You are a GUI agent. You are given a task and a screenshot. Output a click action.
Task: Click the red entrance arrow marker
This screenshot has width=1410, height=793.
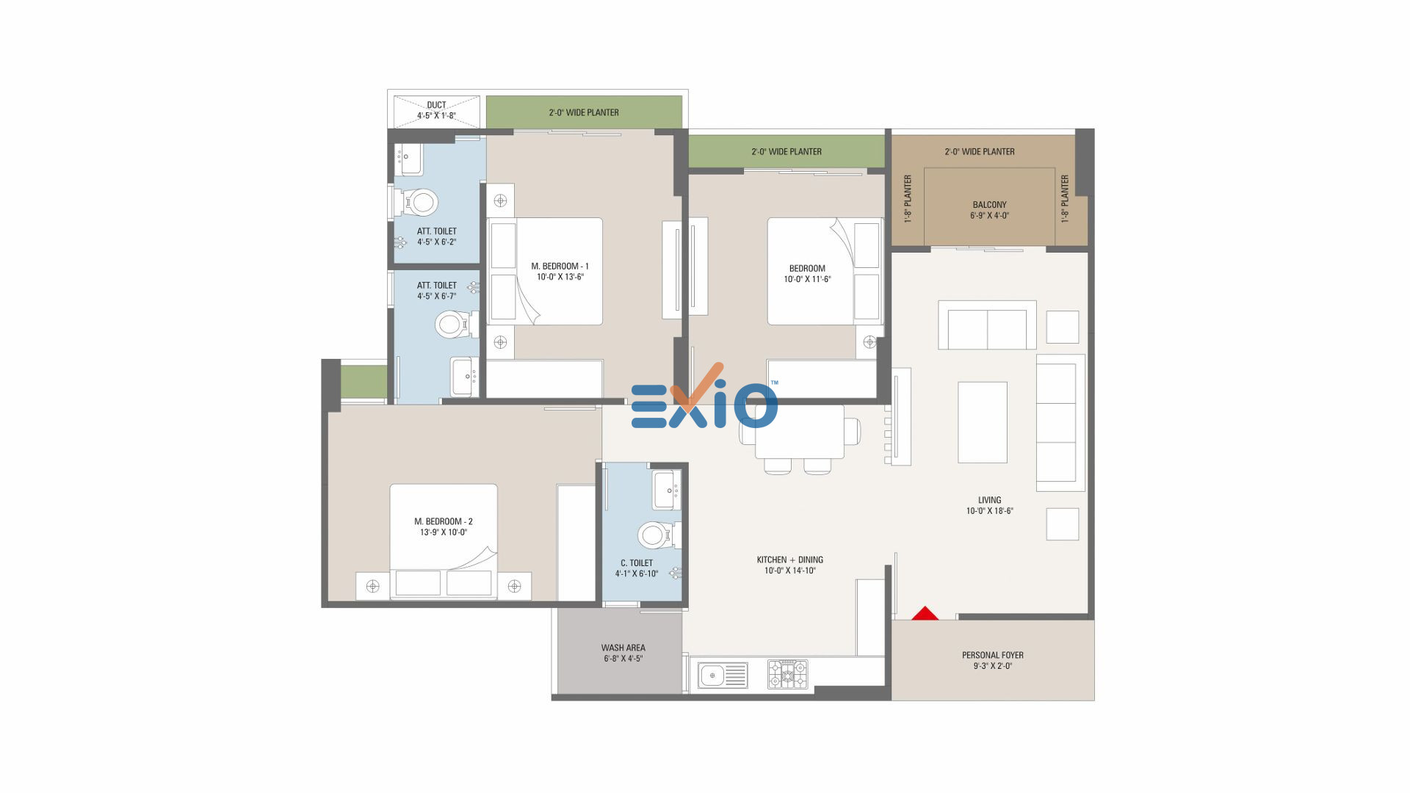(925, 614)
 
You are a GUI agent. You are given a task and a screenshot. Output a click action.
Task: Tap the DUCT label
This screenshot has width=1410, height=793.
(436, 105)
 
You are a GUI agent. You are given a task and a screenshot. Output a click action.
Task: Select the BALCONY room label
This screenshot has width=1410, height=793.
(989, 205)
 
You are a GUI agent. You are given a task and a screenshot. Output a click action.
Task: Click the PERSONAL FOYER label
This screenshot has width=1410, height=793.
(992, 655)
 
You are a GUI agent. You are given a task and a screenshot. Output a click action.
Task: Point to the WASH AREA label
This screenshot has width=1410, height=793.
(623, 648)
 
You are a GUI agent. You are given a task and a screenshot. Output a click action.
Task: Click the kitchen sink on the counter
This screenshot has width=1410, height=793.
(723, 675)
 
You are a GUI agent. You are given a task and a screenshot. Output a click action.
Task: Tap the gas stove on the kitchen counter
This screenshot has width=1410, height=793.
(787, 674)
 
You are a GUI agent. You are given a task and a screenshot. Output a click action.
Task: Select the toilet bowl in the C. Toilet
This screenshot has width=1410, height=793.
(656, 535)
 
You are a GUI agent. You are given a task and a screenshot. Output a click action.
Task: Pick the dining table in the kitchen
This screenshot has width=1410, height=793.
(800, 432)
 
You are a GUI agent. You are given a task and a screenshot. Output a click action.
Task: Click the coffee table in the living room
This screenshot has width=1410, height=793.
(983, 422)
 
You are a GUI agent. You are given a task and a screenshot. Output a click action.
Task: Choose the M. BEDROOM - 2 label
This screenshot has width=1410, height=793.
(443, 521)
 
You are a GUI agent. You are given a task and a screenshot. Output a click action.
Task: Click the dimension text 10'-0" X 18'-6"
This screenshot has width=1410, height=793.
(989, 511)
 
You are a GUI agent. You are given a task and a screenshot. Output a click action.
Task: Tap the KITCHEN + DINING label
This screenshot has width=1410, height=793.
(789, 560)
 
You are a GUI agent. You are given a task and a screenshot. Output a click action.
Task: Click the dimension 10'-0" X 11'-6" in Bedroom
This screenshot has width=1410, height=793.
(807, 279)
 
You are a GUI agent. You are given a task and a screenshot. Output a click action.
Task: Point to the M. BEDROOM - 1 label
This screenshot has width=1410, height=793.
(560, 266)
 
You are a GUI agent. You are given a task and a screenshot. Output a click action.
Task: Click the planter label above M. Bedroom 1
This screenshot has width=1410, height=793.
(584, 112)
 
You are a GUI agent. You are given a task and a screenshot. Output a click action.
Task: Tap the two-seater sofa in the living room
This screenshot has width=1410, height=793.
(987, 325)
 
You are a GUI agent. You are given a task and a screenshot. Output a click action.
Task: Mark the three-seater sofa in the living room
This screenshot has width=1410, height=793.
(1060, 422)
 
